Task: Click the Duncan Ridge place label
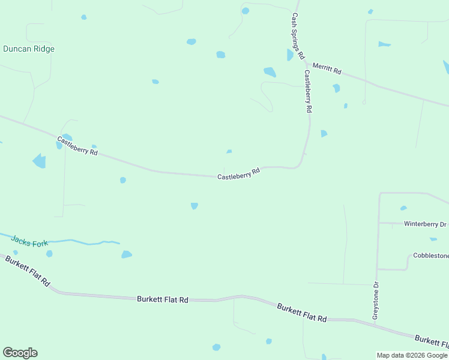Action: (29, 49)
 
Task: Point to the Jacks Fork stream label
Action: (29, 239)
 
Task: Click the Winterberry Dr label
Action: (425, 224)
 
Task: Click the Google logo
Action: (20, 353)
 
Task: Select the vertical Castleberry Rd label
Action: (309, 92)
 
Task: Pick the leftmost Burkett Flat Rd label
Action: (27, 271)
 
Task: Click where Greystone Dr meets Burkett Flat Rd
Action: (375, 325)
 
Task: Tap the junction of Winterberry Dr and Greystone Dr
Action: (378, 223)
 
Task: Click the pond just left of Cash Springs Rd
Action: (291, 55)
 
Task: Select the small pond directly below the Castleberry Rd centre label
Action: (194, 206)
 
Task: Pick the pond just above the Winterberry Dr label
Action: (403, 208)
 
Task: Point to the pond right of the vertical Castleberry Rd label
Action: (324, 133)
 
